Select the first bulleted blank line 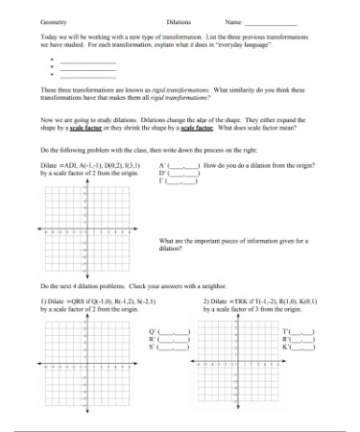tap(87, 61)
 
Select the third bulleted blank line tap(87, 76)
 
